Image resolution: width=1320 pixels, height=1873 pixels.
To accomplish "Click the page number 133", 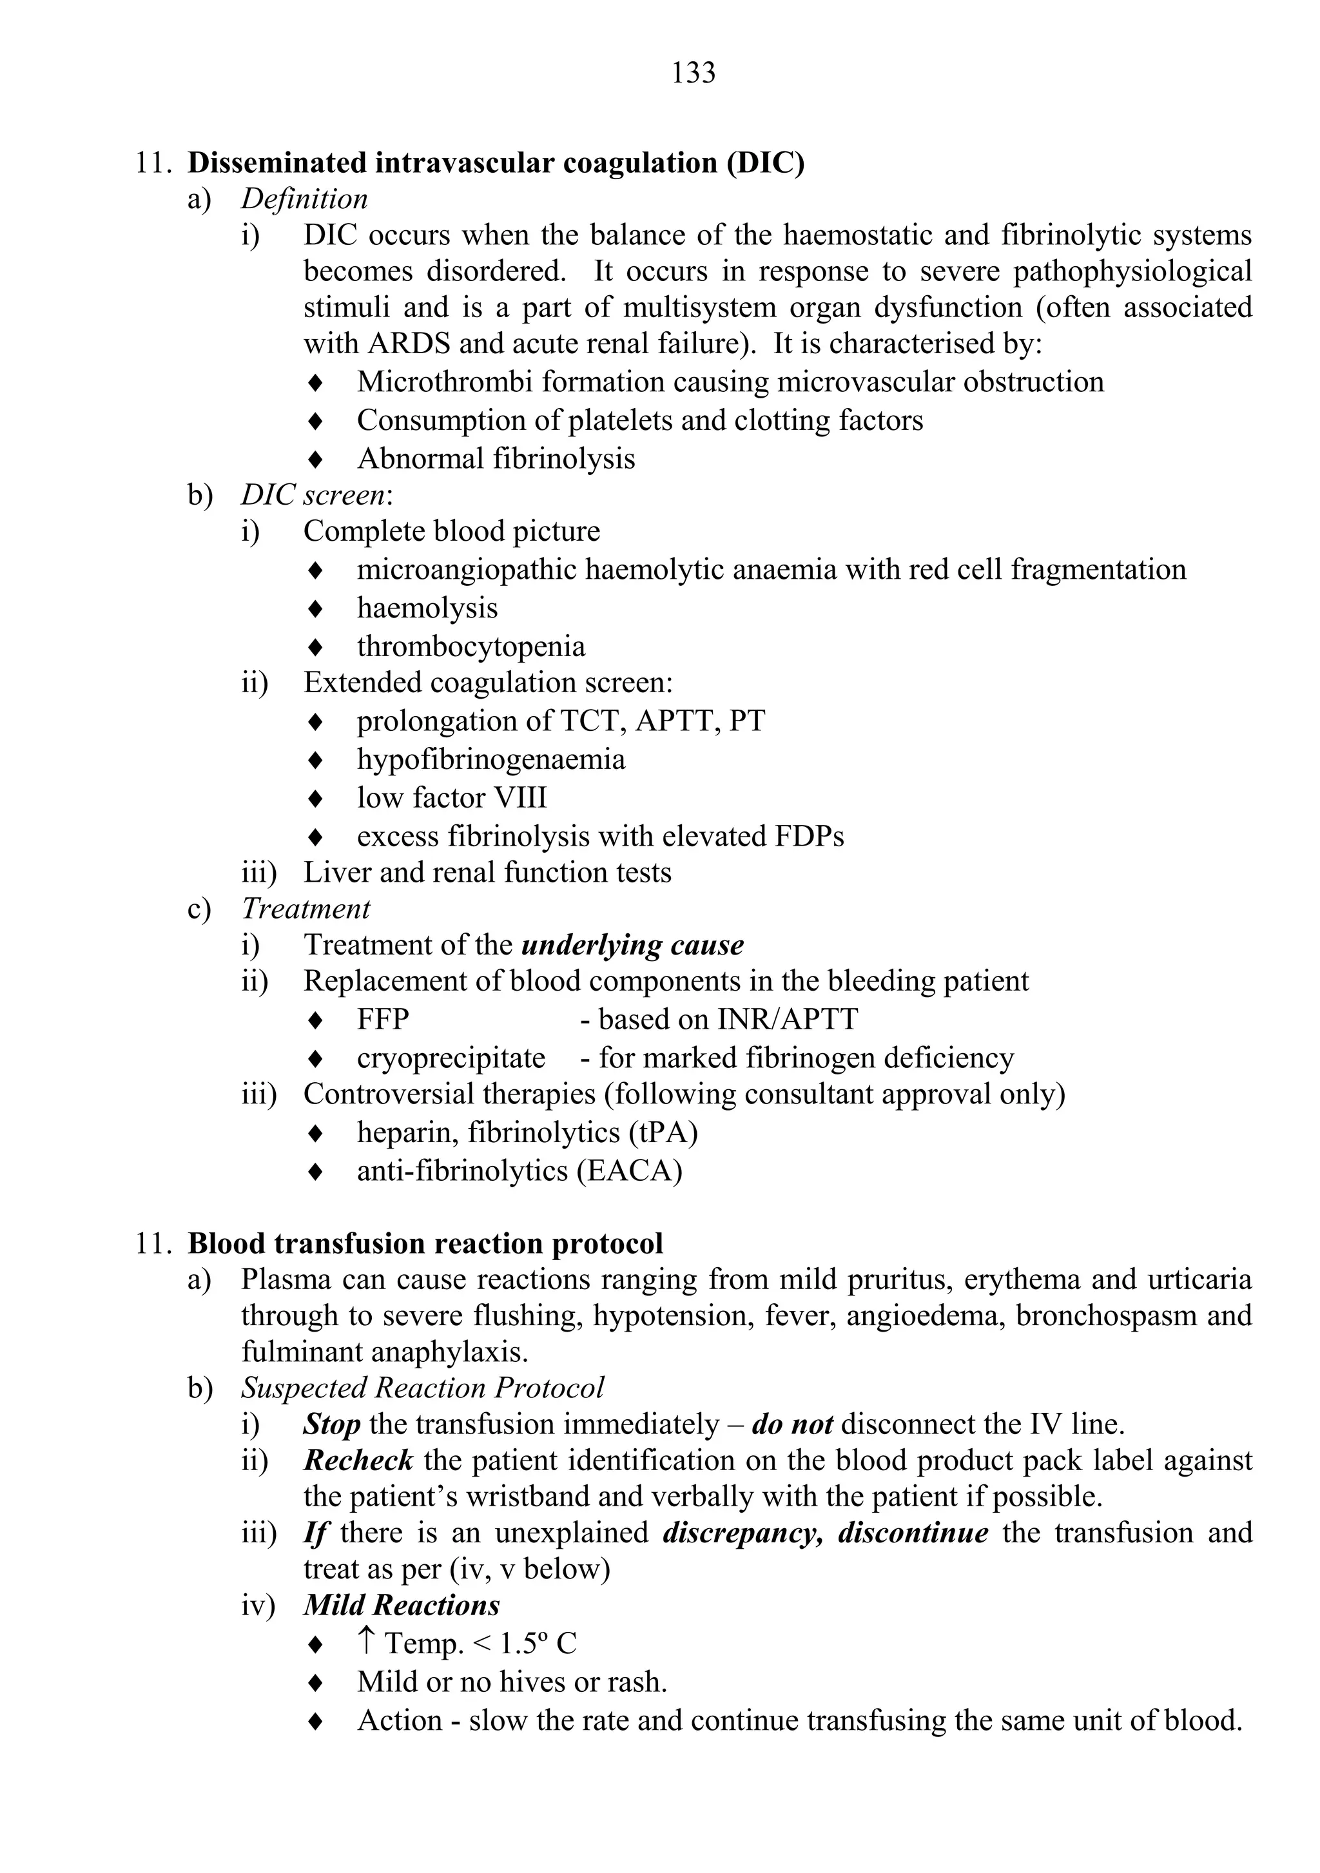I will click(694, 73).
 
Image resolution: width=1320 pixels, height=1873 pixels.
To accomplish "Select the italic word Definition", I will click(304, 199).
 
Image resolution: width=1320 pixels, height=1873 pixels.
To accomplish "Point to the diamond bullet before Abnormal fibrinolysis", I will click(315, 460).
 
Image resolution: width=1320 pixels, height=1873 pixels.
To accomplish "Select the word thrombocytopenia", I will click(471, 646).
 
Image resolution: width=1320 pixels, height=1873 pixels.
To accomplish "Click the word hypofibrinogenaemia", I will click(491, 759).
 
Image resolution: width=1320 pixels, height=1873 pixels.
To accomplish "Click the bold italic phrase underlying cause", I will click(632, 945).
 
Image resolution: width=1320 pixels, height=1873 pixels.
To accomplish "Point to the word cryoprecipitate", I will click(451, 1058).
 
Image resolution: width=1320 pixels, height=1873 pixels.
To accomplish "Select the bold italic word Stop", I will click(331, 1424).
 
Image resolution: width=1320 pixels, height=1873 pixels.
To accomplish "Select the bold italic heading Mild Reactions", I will click(402, 1605).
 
